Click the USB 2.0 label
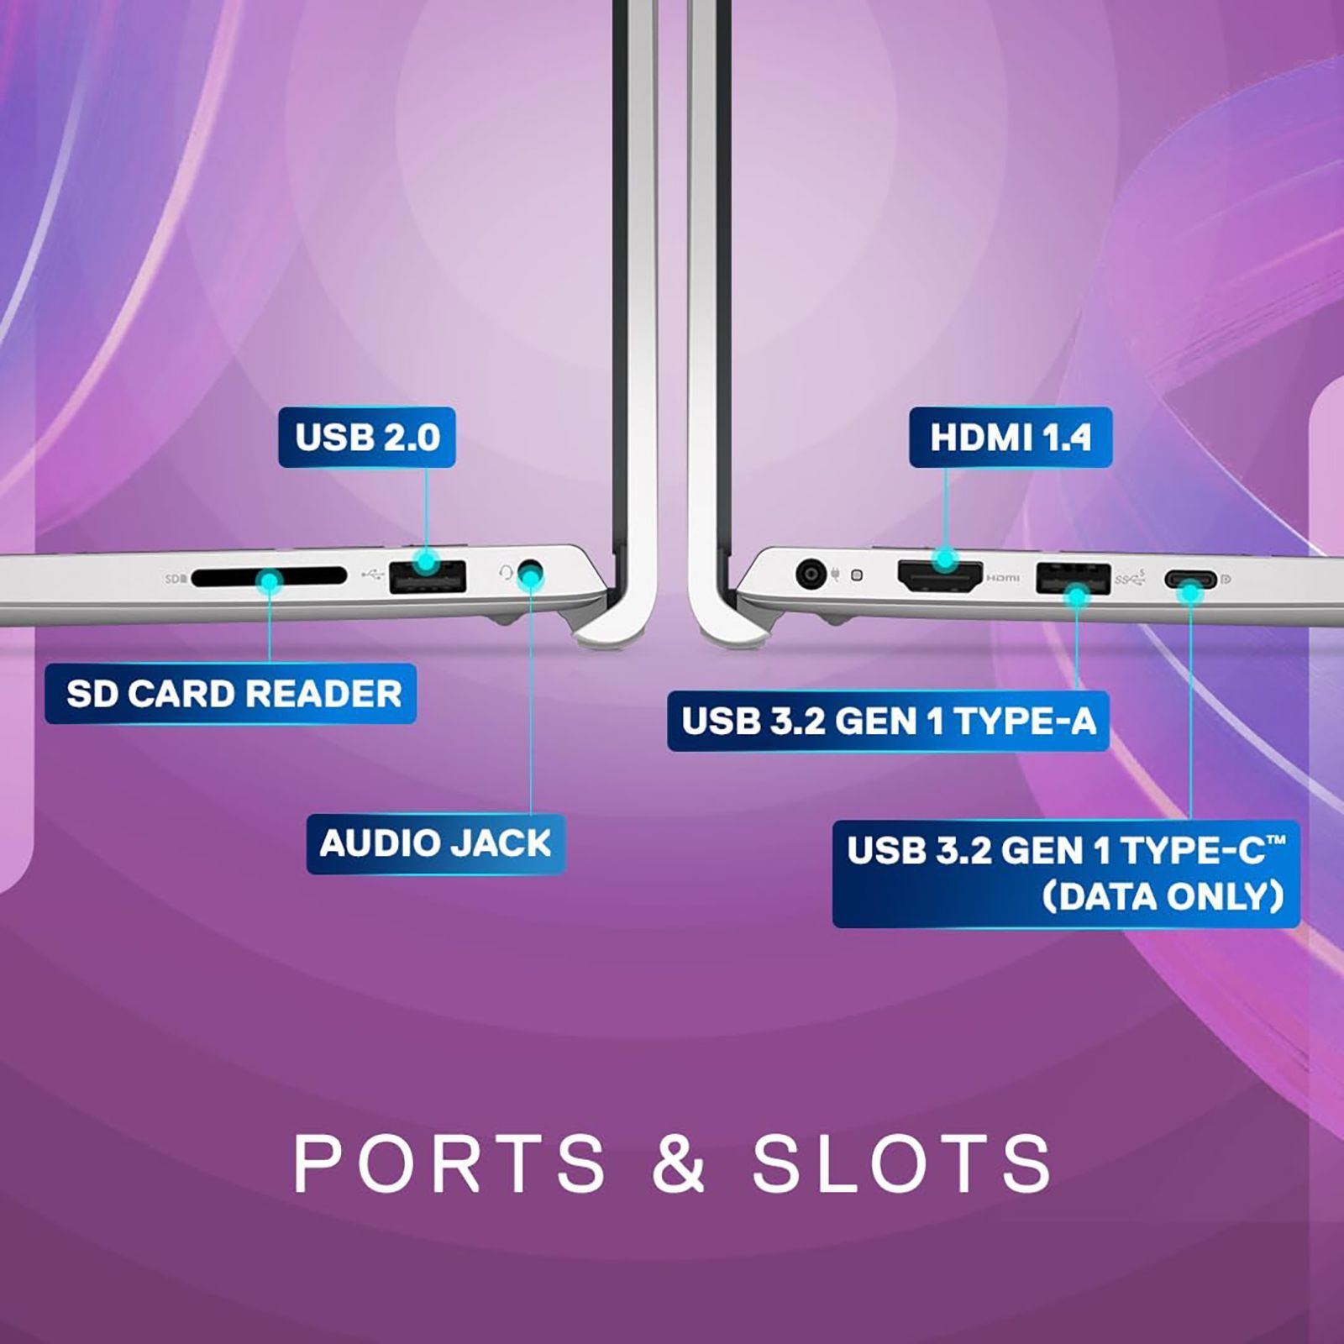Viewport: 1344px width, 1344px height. tap(367, 438)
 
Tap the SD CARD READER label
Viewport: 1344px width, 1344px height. tap(231, 694)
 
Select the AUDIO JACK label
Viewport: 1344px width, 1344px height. tap(435, 843)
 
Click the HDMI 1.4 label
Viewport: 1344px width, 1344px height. tap(1011, 438)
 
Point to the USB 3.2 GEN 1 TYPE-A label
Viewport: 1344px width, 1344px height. tap(889, 721)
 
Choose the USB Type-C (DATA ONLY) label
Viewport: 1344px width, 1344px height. tap(1066, 874)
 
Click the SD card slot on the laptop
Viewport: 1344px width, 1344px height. tap(269, 577)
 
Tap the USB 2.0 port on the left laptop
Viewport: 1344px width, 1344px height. tap(428, 576)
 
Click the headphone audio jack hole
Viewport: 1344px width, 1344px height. tap(531, 576)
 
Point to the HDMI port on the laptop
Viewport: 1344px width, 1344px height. tap(940, 576)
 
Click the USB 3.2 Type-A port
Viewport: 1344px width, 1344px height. tap(1074, 578)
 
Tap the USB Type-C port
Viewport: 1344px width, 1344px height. tap(1189, 580)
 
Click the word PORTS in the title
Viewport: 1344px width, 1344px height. tap(449, 1163)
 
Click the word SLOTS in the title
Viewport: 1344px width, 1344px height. tap(901, 1163)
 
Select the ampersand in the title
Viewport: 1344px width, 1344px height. tap(678, 1163)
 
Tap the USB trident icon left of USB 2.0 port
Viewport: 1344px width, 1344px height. tap(372, 575)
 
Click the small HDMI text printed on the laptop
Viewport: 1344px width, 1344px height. tap(1003, 578)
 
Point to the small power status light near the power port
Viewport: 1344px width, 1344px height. tap(857, 575)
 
